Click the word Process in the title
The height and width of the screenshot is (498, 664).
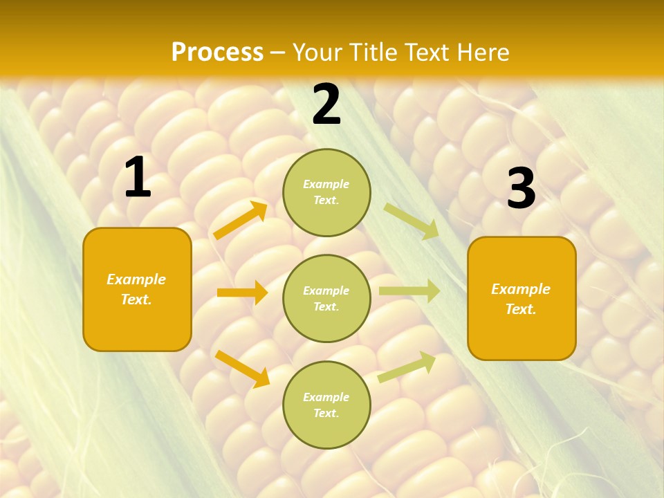(x=217, y=53)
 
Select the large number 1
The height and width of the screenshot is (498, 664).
(x=138, y=178)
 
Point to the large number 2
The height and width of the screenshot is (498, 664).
(x=326, y=104)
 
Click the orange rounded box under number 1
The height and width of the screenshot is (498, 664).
(x=137, y=289)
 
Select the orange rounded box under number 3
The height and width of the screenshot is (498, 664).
(x=522, y=299)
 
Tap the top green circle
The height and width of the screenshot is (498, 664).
(x=326, y=192)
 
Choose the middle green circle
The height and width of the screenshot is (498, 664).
(x=326, y=299)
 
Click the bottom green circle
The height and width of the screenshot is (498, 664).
(x=326, y=405)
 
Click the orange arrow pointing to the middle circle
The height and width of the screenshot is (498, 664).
(x=242, y=293)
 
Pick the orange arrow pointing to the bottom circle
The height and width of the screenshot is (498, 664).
(x=242, y=369)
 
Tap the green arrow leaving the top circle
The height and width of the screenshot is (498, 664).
(x=411, y=221)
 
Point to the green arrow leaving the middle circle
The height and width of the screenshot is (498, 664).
(x=409, y=291)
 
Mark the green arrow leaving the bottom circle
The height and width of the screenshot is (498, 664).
(x=407, y=367)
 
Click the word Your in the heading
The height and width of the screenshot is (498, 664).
(x=317, y=53)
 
